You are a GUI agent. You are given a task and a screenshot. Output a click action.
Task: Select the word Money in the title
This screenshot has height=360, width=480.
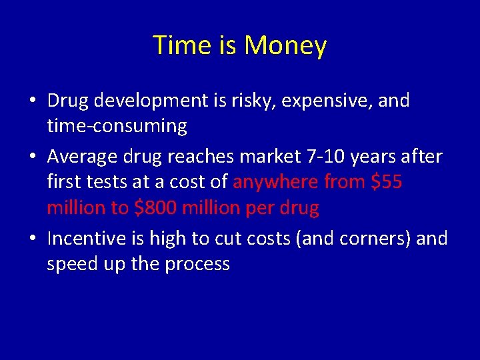[285, 46]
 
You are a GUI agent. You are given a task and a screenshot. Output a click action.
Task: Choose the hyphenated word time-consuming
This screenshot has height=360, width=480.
[117, 126]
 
